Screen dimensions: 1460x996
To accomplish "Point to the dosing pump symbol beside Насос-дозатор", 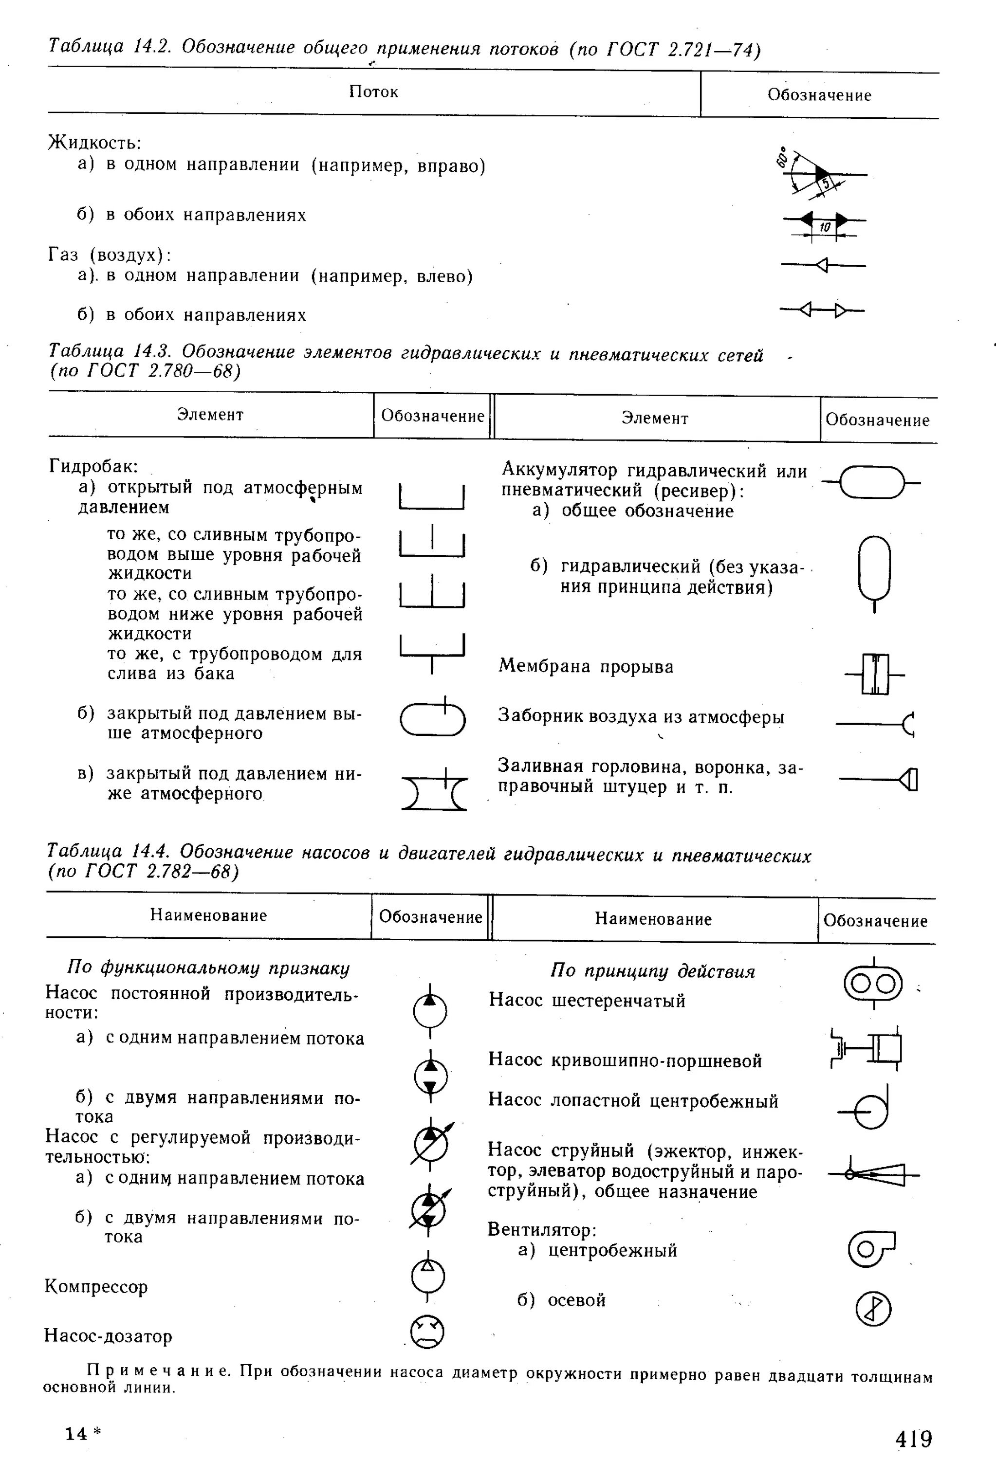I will coord(427,1332).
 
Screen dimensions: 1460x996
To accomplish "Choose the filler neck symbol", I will coord(880,780).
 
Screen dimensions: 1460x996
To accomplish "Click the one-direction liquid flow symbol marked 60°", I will coord(821,173).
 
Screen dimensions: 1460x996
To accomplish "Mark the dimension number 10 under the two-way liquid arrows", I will coord(825,227).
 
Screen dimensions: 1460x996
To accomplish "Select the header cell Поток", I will coord(373,92).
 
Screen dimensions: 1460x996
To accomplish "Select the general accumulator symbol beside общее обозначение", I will coord(871,482).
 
